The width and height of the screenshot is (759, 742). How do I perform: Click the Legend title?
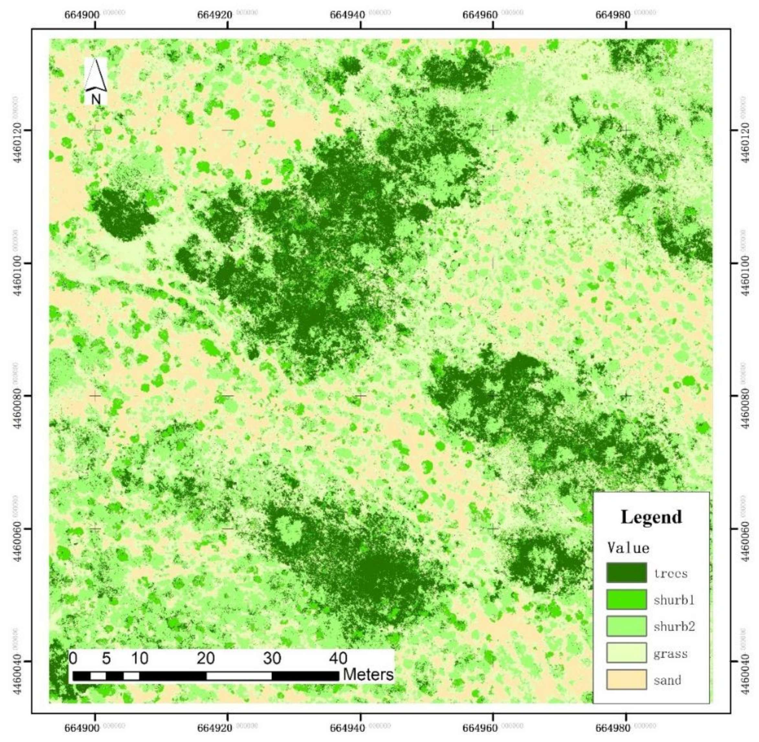coord(651,517)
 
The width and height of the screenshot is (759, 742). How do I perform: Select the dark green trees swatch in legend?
coord(626,573)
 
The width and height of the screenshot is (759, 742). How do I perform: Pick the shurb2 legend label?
coord(674,627)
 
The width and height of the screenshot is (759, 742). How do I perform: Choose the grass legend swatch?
coord(626,653)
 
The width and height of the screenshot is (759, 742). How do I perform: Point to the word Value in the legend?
coord(628,548)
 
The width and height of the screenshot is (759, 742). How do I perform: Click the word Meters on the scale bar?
coord(368,674)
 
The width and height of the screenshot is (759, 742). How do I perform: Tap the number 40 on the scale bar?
coord(338,658)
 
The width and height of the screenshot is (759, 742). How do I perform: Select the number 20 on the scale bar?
coord(205,658)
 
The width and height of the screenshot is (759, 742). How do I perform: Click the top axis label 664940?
coord(347,15)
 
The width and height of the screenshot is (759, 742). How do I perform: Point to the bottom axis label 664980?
coord(613,727)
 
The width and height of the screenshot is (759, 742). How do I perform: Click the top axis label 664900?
coord(82,15)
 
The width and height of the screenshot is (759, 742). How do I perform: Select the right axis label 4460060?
coord(744,529)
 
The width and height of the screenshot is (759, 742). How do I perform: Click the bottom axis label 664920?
coord(215,727)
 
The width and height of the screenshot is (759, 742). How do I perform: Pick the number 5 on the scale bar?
coord(106,658)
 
